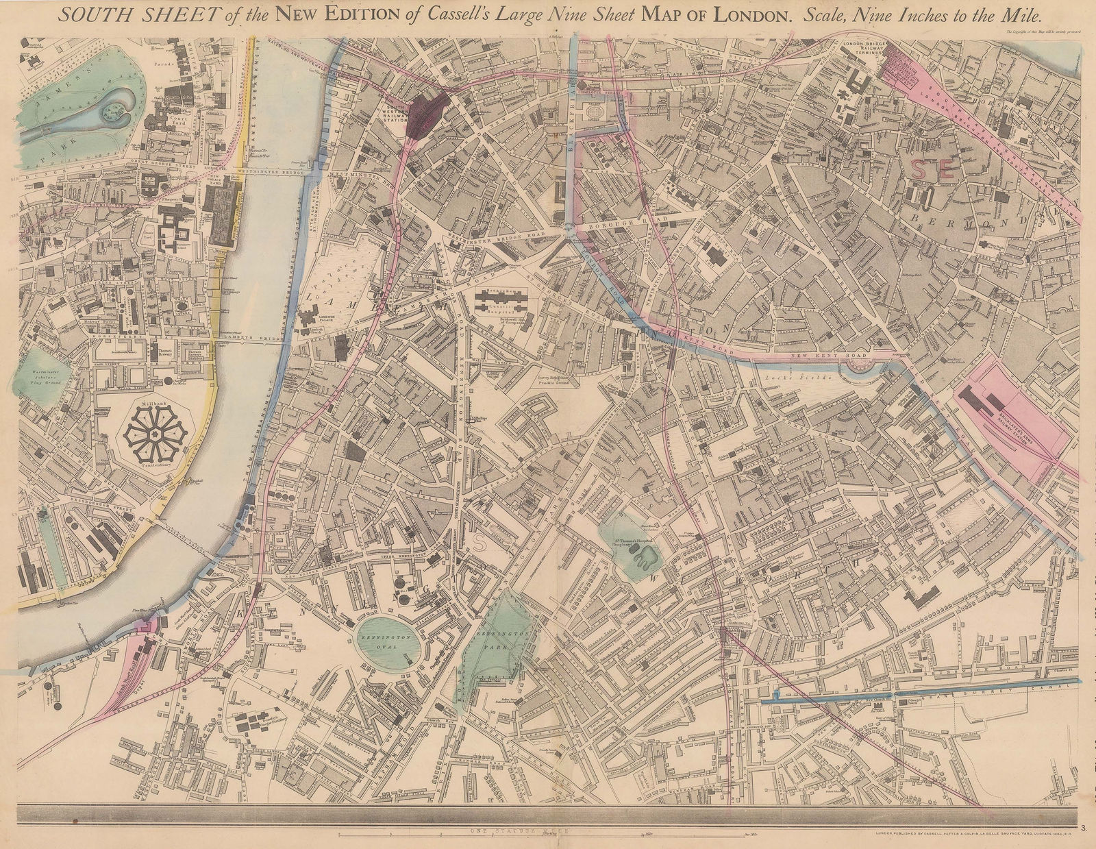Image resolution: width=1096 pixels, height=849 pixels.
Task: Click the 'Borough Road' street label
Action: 616,223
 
